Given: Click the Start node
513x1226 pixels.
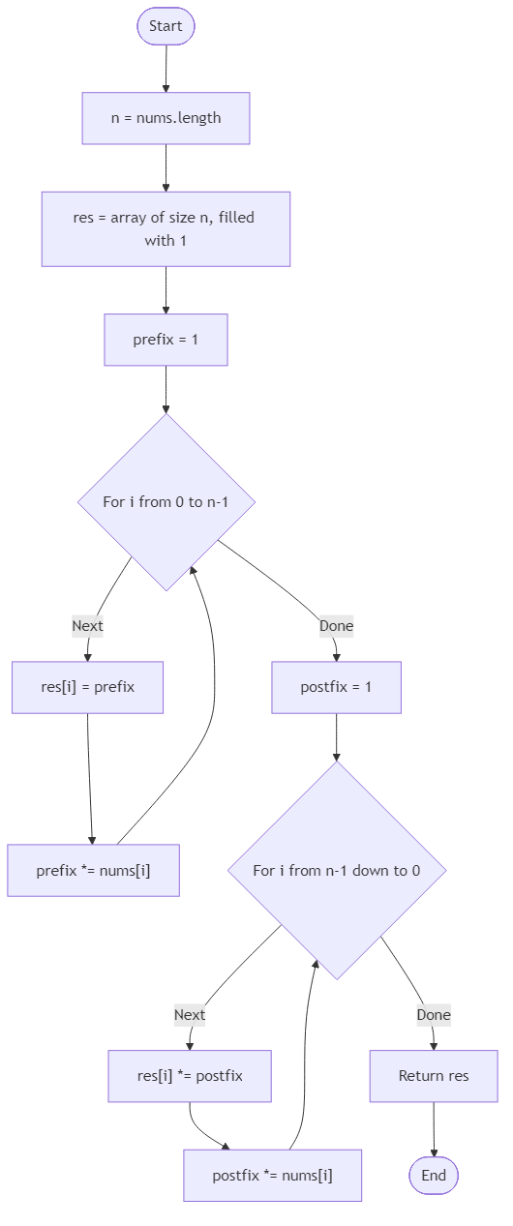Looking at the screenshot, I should [166, 27].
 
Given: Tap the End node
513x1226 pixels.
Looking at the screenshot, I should [434, 1176].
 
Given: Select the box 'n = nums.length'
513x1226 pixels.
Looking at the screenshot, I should [166, 118].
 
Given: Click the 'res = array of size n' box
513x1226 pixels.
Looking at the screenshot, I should [166, 228].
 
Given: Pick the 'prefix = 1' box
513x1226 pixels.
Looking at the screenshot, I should [166, 340].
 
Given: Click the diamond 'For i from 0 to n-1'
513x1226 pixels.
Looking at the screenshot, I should [166, 502].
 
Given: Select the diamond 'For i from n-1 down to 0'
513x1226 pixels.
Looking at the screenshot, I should [337, 870].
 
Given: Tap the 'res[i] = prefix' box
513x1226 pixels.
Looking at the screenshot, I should [88, 687].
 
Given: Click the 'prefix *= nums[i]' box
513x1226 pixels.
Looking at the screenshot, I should [93, 870].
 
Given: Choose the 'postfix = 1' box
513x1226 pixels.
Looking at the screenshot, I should [336, 687].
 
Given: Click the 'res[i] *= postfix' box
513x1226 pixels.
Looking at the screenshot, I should [190, 1076].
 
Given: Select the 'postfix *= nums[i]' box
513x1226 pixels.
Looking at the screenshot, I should [273, 1176].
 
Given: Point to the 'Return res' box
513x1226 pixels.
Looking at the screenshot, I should [434, 1076].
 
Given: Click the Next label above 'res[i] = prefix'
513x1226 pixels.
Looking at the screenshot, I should [87, 626].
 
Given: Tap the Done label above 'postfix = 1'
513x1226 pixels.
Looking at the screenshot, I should [337, 626].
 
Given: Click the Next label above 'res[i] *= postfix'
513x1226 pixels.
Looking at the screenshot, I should [190, 1015].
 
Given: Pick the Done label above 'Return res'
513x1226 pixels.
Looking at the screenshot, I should [434, 1015].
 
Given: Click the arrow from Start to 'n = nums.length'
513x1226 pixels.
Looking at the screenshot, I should [166, 68].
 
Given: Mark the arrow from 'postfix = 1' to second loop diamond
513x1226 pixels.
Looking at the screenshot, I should [336, 737].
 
